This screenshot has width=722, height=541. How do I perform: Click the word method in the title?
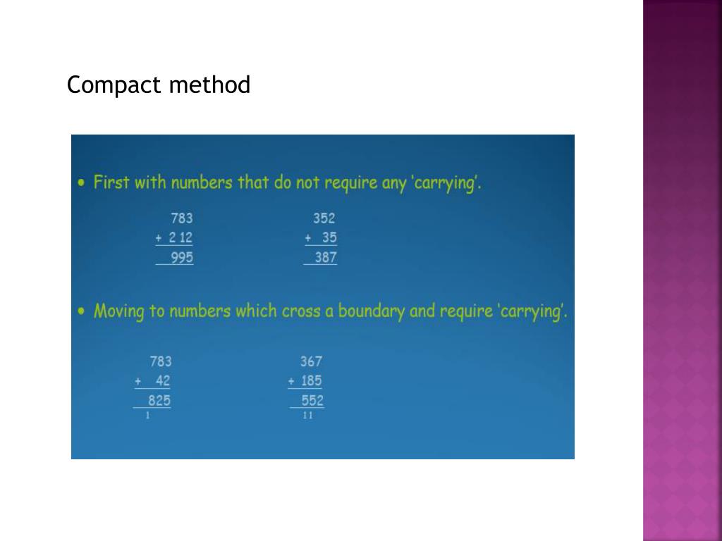(209, 85)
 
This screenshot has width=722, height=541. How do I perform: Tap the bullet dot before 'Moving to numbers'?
(82, 310)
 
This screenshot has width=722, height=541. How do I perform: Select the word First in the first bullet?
(111, 182)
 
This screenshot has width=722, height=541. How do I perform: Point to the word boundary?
(371, 311)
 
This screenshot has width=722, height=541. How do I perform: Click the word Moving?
(119, 311)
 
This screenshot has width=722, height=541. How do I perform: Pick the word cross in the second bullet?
(301, 311)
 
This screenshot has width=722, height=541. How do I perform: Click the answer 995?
(182, 258)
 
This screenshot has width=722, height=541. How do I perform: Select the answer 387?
(326, 258)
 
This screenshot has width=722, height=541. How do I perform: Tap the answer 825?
(159, 401)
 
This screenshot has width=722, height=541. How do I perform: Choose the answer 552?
(312, 401)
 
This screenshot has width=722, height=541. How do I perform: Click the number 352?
(324, 218)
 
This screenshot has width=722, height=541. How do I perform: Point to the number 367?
(311, 361)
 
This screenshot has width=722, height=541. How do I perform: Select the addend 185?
(311, 381)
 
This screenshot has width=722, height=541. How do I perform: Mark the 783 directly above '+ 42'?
(161, 361)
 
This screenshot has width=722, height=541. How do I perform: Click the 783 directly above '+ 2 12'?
(182, 218)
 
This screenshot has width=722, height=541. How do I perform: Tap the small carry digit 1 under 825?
(147, 416)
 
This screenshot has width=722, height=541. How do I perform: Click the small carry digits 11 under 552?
(308, 416)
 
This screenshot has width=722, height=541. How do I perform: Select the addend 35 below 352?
(329, 238)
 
